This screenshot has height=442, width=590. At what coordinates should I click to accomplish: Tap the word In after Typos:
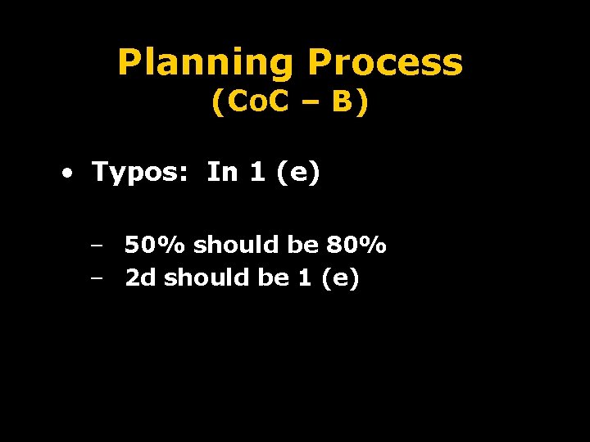[221, 172]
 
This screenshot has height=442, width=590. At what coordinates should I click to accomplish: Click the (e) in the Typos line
[298, 173]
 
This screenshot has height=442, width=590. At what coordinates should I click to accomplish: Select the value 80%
[356, 245]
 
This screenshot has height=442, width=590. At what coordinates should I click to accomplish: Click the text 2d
[140, 278]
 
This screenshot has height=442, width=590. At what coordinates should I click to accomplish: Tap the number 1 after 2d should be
[305, 278]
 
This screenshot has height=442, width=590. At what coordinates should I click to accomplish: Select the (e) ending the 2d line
[340, 279]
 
